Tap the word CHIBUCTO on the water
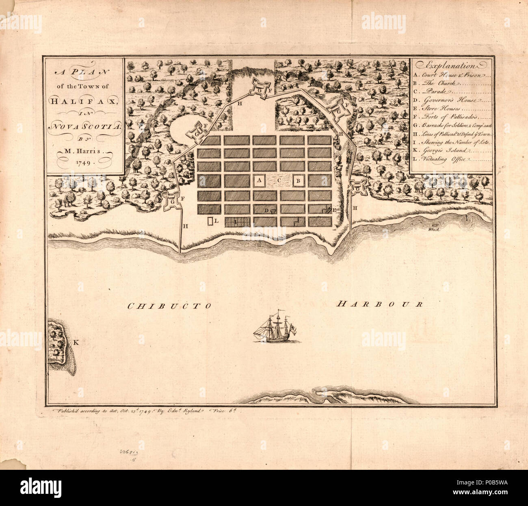[x=169, y=306]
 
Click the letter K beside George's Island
[x=76, y=342]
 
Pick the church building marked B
[x=297, y=180]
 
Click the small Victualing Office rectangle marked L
[x=210, y=222]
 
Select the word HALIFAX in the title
[x=84, y=100]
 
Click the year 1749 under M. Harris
[x=84, y=162]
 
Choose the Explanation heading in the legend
[x=451, y=65]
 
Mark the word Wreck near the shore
[x=434, y=229]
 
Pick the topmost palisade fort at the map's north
[x=259, y=87]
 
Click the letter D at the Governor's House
[x=266, y=211]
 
